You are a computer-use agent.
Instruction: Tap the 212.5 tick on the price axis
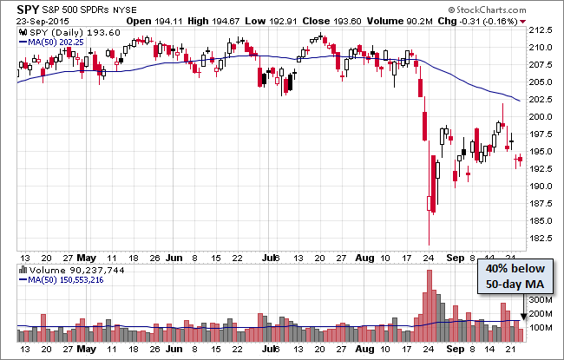click(x=543, y=30)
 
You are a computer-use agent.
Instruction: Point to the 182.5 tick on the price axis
click(x=543, y=239)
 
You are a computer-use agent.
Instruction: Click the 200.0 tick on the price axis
click(x=543, y=117)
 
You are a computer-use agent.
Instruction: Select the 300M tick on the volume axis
click(x=541, y=299)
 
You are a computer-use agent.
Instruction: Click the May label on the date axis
click(x=87, y=258)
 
